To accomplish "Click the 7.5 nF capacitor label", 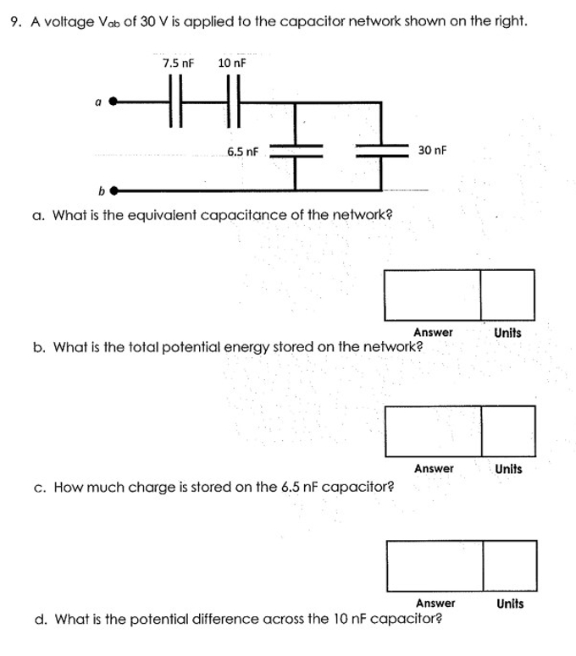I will click(x=178, y=63).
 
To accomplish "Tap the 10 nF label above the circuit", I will click(x=232, y=63).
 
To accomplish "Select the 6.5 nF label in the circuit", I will click(x=242, y=152).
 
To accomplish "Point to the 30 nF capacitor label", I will click(x=432, y=150).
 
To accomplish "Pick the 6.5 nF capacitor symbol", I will click(x=296, y=148).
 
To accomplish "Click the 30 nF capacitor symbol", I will click(x=383, y=148).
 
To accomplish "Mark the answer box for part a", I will click(x=433, y=295).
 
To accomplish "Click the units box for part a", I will click(x=507, y=295).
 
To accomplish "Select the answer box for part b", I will click(x=434, y=431).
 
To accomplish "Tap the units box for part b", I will click(x=508, y=431).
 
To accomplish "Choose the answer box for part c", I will click(x=435, y=565).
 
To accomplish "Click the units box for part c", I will click(x=510, y=565).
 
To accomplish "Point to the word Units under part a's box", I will click(x=507, y=333).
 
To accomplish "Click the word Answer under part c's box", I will click(x=435, y=604).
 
